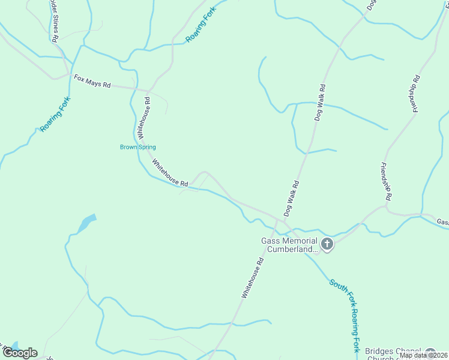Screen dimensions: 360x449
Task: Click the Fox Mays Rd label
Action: (x=92, y=82)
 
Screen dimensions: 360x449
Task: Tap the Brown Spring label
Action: (x=138, y=147)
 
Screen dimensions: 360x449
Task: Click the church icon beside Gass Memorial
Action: (x=327, y=244)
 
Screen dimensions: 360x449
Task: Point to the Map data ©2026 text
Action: (x=423, y=355)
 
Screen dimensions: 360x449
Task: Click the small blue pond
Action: (x=86, y=223)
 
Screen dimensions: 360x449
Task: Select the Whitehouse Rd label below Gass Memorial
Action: (x=253, y=278)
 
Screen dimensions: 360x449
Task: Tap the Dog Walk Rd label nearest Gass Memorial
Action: (x=291, y=198)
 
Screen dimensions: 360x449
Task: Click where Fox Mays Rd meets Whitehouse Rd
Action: (x=146, y=90)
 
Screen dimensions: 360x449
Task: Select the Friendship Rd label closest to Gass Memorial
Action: (x=387, y=181)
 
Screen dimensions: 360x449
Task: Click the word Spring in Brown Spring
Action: (x=147, y=147)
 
